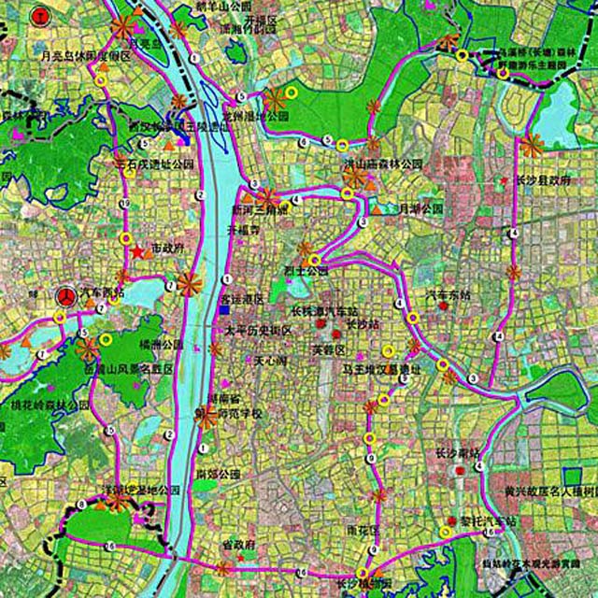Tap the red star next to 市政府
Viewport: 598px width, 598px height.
point(137,251)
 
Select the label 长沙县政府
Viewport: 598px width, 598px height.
point(541,179)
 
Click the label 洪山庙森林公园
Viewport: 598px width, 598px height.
point(382,164)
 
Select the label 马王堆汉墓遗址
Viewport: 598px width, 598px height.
point(384,369)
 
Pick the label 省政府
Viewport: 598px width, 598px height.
point(238,544)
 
